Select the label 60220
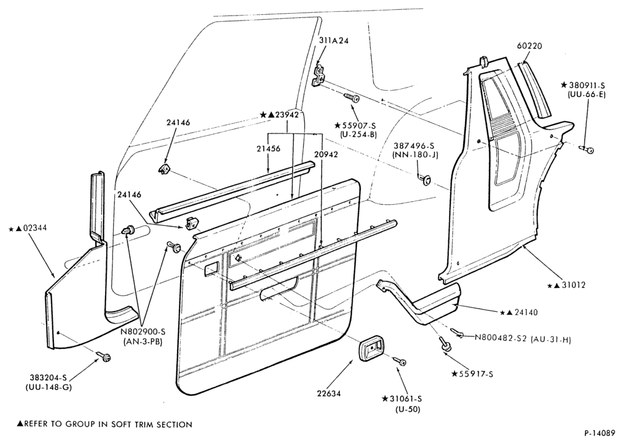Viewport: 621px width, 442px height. click(530, 46)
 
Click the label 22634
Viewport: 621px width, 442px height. click(329, 394)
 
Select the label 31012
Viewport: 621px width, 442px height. click(573, 285)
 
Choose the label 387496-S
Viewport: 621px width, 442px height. click(415, 146)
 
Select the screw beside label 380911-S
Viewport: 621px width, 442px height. click(587, 150)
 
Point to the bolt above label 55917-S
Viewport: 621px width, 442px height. click(444, 344)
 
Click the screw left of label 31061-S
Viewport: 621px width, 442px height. click(401, 361)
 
